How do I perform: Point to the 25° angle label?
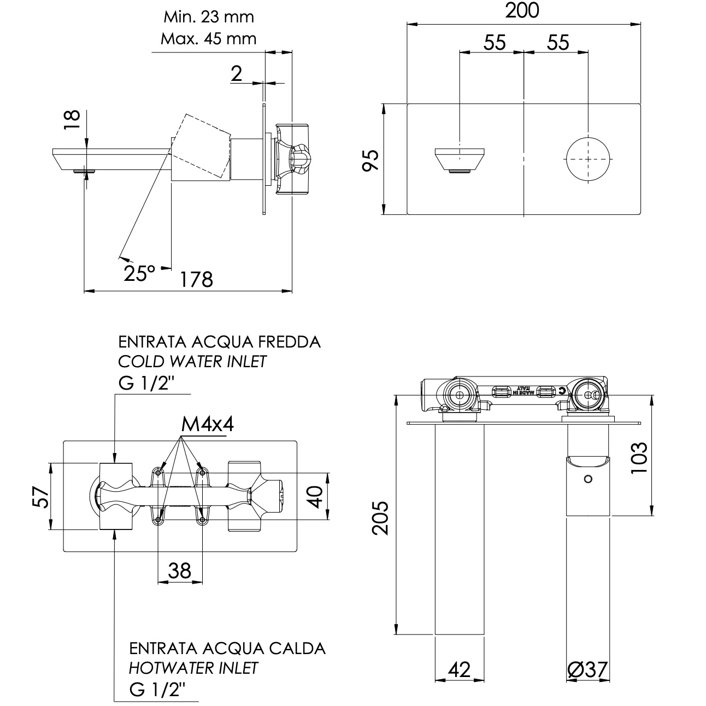[139, 272]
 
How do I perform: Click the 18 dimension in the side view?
[72, 120]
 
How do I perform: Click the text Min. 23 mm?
[209, 17]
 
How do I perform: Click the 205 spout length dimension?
[380, 517]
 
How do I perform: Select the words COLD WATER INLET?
[192, 361]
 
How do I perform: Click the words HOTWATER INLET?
[193, 667]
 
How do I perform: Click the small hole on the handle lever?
[587, 479]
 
